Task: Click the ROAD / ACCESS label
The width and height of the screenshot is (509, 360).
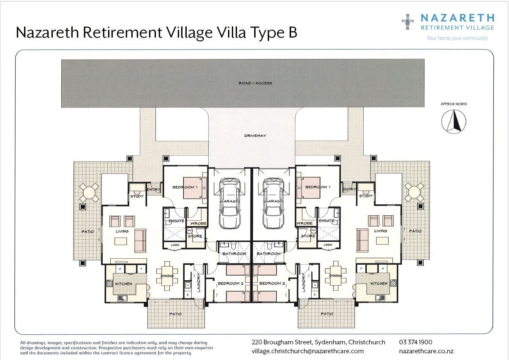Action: tap(255, 83)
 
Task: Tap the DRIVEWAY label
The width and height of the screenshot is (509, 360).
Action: tap(255, 136)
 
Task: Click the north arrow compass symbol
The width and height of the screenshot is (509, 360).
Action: tap(454, 122)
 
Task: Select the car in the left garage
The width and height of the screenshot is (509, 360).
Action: tap(230, 203)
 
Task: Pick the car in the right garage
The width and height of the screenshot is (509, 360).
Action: tap(274, 203)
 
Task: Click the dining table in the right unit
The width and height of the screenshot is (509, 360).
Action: tap(336, 276)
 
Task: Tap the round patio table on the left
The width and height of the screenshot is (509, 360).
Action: tap(89, 193)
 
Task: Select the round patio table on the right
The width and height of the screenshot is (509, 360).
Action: tap(414, 192)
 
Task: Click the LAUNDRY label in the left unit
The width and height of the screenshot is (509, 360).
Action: tap(199, 283)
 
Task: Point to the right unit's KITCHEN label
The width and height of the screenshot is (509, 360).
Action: tap(379, 284)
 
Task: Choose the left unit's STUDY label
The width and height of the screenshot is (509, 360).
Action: tap(137, 196)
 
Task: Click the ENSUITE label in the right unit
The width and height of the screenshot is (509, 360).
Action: tap(327, 221)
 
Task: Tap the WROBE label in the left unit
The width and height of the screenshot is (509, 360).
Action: tap(199, 224)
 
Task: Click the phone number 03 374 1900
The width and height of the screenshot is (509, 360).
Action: tap(416, 342)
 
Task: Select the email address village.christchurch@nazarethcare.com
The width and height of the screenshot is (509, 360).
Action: tap(308, 351)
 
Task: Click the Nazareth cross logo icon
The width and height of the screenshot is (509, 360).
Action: tap(408, 22)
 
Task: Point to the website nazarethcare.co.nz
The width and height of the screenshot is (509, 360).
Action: tap(426, 352)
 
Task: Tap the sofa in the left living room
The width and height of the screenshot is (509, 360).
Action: tap(140, 241)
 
